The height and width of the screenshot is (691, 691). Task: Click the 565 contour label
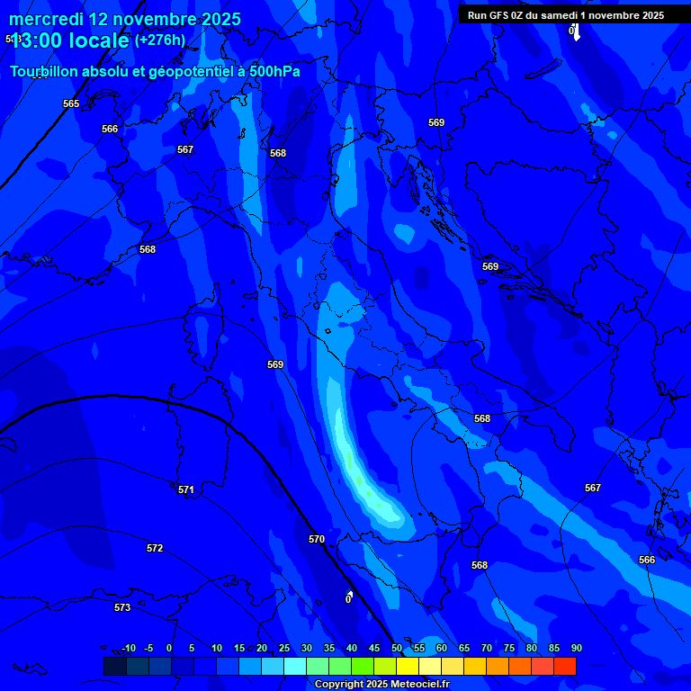(71, 103)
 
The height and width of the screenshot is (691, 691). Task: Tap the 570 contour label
(317, 539)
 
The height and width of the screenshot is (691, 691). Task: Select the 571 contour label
(186, 489)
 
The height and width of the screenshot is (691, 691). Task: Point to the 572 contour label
(155, 548)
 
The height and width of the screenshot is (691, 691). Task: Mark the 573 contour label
(122, 607)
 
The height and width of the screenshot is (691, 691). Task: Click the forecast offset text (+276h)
(160, 40)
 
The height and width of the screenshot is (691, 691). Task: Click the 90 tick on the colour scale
(576, 648)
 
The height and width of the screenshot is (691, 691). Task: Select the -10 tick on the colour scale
(128, 648)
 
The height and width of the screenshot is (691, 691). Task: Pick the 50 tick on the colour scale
(396, 648)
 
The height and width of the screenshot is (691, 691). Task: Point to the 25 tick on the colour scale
(283, 648)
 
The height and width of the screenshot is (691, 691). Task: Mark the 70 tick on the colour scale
(486, 648)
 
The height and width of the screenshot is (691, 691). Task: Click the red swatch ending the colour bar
(565, 666)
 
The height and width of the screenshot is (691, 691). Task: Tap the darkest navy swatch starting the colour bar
(114, 666)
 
